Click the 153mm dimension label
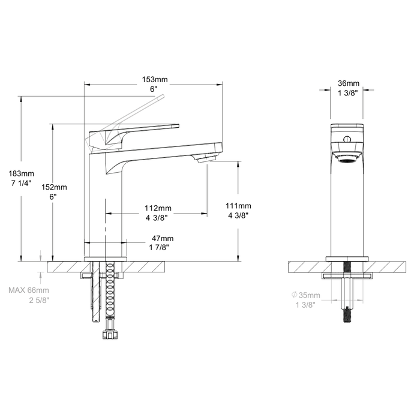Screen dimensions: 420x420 (155, 79)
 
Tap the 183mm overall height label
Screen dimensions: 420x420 (22, 173)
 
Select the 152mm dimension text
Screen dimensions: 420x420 (54, 187)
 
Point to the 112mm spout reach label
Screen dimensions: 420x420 (158, 208)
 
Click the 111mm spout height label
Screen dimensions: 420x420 (238, 206)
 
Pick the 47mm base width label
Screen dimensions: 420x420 (163, 238)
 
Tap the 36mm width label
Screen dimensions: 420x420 (349, 83)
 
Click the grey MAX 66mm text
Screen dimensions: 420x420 (29, 290)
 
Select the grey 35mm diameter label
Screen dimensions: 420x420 (310, 295)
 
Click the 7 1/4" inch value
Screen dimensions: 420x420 (22, 184)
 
